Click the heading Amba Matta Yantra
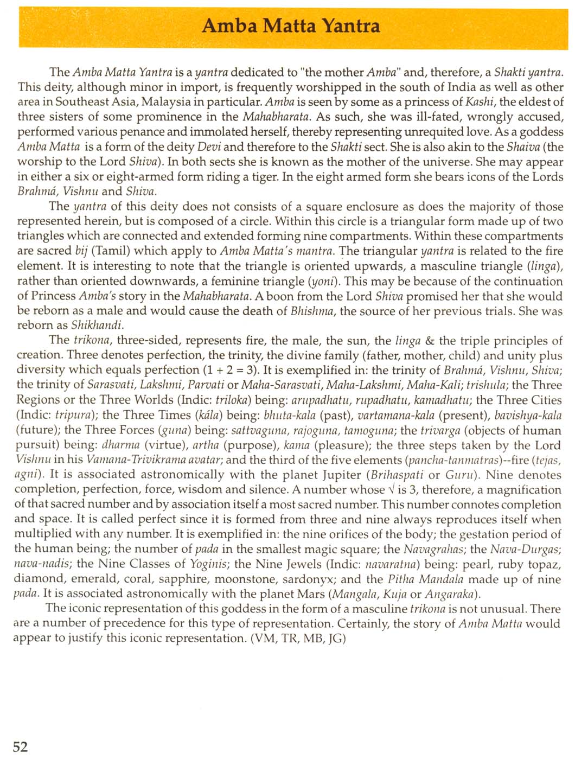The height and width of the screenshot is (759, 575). tap(291, 25)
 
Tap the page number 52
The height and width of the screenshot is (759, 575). tap(20, 747)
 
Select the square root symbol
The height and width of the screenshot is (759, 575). tap(391, 490)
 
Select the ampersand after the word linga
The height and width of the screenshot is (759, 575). tap(430, 341)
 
